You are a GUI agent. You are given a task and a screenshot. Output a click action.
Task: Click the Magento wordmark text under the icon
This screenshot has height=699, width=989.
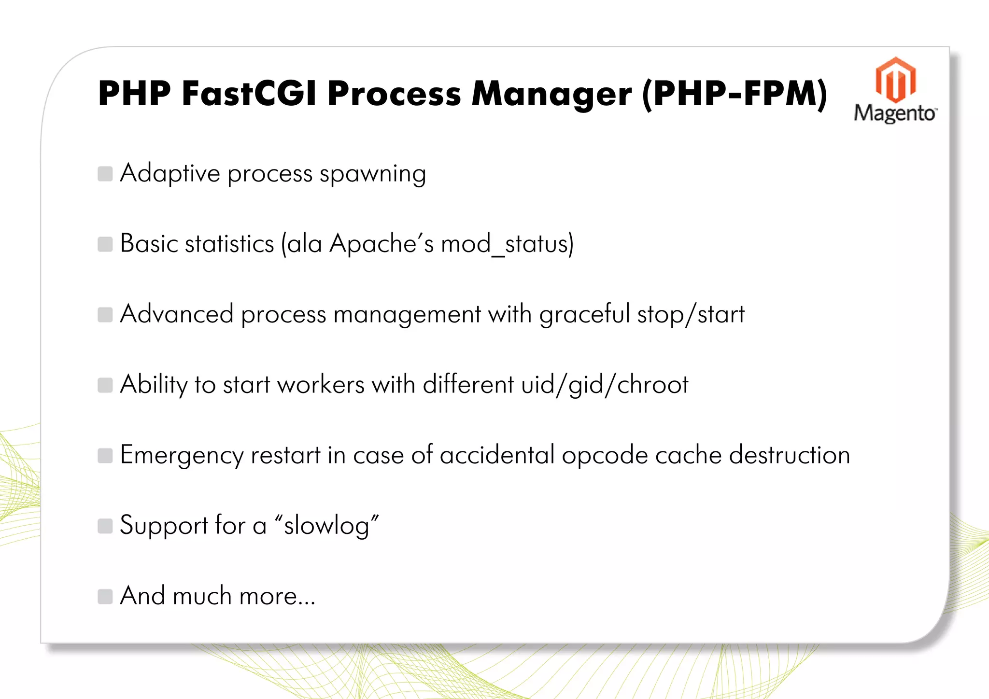[x=895, y=113]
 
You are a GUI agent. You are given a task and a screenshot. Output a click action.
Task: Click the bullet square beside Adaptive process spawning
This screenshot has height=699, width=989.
[x=105, y=174]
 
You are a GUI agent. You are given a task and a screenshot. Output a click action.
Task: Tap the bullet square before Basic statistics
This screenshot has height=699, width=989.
[x=105, y=244]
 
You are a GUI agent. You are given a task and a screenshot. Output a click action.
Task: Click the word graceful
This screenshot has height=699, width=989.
[x=584, y=315]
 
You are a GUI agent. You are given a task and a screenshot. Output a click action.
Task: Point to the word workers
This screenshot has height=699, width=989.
[x=321, y=385]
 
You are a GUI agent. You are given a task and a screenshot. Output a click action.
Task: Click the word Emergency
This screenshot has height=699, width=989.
[x=182, y=455]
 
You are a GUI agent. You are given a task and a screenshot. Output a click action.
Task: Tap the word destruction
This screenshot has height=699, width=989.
[x=789, y=455]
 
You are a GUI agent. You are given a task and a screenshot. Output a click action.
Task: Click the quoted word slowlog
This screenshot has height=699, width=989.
[x=326, y=526]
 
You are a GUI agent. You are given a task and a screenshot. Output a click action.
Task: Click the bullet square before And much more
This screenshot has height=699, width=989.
[x=105, y=597]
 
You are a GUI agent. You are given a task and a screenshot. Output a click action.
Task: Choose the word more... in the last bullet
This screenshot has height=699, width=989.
[x=277, y=596]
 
